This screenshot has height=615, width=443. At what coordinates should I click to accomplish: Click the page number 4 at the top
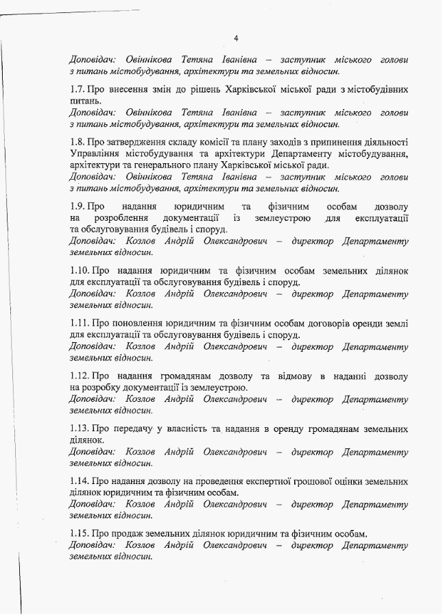pos(235,38)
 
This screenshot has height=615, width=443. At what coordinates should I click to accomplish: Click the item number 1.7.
pos(77,89)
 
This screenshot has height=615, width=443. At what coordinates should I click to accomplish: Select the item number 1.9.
pos(77,206)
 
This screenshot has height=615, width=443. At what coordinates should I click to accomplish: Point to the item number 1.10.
pos(80,271)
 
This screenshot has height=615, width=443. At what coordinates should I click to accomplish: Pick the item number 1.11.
pos(80,324)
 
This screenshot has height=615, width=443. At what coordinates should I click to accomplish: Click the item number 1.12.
pos(80,376)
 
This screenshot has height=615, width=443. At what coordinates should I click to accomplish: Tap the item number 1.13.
pos(80,429)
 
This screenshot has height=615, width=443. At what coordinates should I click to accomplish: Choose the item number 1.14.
pos(80,482)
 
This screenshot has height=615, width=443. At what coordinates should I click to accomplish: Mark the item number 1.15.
pos(80,534)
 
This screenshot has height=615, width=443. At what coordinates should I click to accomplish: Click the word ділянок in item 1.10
pos(389,271)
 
